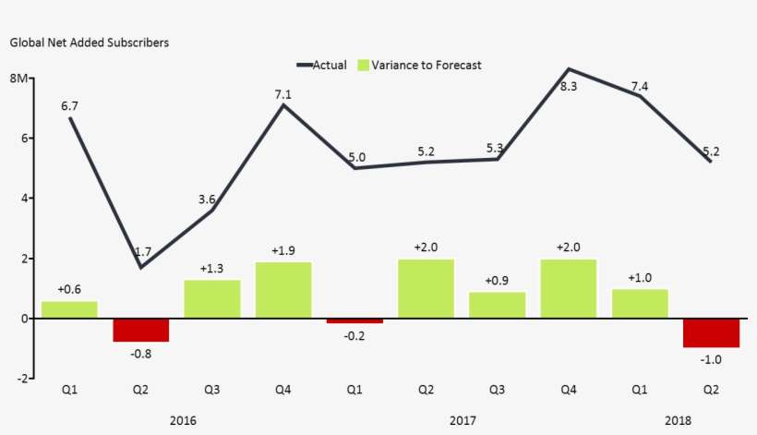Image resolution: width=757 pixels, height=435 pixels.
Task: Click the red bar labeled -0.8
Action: point(140,330)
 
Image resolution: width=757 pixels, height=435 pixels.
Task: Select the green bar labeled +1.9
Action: point(283,290)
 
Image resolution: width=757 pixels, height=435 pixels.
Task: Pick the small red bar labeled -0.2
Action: point(354,320)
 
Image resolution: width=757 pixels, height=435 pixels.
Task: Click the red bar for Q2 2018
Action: point(711,332)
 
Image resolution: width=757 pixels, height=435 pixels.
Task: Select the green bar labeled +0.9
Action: point(497,305)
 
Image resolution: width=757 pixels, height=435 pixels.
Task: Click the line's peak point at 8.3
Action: point(569,69)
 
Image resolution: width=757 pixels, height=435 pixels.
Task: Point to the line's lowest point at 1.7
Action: point(140,268)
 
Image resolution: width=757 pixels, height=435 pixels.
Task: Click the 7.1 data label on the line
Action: point(283,93)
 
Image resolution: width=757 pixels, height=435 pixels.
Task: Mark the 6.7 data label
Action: point(69,106)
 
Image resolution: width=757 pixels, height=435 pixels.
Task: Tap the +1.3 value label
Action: point(211,269)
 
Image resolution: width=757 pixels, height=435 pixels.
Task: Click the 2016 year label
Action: point(184,420)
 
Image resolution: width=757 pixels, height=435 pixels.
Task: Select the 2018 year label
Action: point(677,420)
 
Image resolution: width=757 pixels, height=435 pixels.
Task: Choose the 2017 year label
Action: point(463,420)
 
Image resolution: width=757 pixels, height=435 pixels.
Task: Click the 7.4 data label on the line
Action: point(639,86)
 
